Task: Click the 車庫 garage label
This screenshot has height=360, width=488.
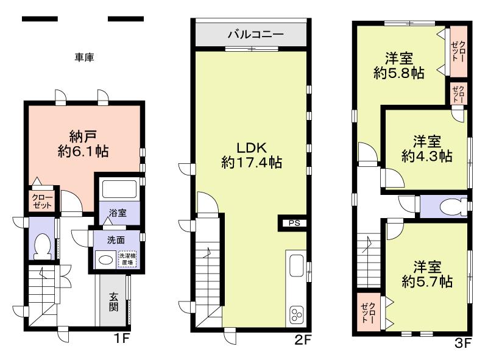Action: click(83, 57)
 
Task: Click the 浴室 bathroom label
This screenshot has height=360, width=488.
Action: click(118, 213)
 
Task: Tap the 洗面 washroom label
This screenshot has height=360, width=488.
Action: click(116, 239)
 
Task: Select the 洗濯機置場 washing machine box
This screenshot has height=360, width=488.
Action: click(127, 258)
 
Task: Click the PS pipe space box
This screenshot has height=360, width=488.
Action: click(294, 223)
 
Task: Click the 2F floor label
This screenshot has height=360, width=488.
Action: click(303, 341)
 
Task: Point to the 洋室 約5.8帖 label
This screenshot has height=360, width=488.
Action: click(400, 66)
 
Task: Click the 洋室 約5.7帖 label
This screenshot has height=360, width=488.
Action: click(426, 274)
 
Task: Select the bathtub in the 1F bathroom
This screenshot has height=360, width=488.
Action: click(119, 189)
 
